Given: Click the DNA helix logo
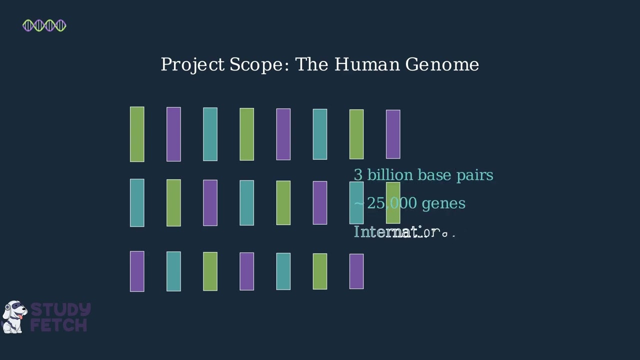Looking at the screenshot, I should coord(44,25).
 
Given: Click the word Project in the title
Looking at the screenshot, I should coord(192,65).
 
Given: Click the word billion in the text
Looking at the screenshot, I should coord(390,175).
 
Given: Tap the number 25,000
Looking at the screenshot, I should coord(392,203).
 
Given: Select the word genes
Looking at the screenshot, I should coord(443,204).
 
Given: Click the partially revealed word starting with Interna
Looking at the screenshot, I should coord(403,232).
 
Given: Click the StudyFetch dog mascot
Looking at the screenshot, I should coord(14,317).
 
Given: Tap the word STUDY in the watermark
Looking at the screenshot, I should coord(60,310).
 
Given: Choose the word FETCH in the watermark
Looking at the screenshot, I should coord(59,325).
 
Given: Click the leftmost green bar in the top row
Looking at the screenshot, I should coord(137,134).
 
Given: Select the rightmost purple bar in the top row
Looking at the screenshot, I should coord(393,134).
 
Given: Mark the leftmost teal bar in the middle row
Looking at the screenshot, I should coord(137,202).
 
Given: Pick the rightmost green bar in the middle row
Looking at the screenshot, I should coord(393,202).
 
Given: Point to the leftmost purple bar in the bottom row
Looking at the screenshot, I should coord(137,271).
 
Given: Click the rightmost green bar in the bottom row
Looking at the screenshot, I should coord(320,271).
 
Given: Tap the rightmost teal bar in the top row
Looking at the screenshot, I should coord(320,134).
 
